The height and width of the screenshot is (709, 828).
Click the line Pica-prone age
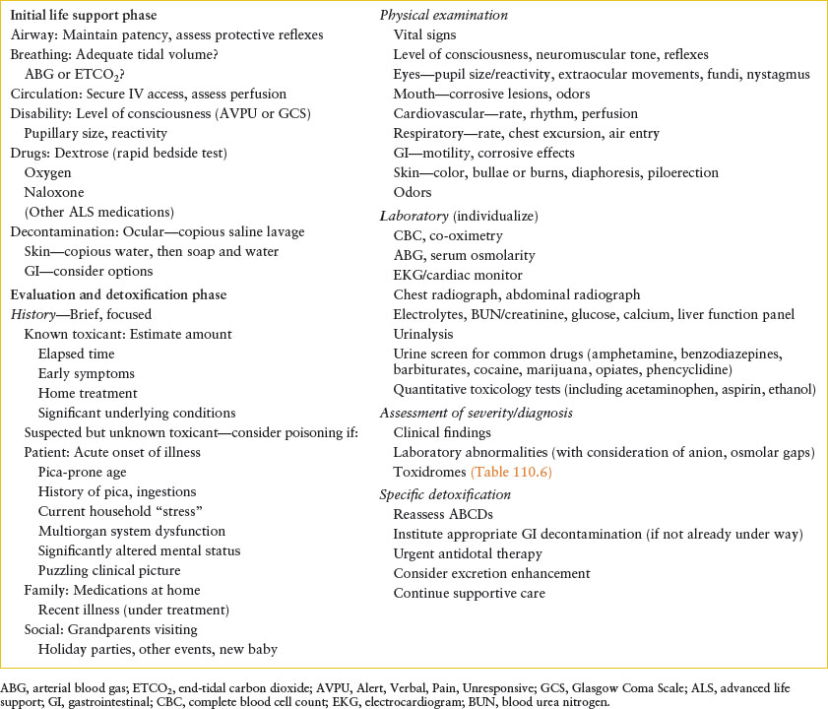(82, 473)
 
